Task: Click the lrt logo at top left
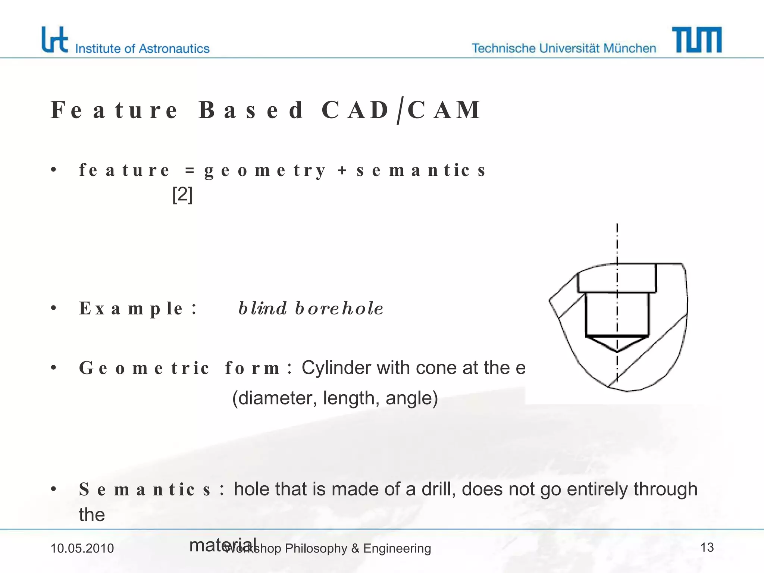click(54, 40)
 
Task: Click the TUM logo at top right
click(696, 40)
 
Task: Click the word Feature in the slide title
click(114, 110)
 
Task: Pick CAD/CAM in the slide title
click(401, 110)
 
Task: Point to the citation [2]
click(182, 195)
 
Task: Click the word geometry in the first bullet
click(265, 170)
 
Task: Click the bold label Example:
click(138, 309)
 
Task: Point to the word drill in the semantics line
click(438, 489)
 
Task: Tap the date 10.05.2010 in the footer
click(82, 548)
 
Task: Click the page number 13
click(707, 548)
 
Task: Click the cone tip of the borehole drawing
click(617, 351)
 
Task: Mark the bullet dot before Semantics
click(54, 489)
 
